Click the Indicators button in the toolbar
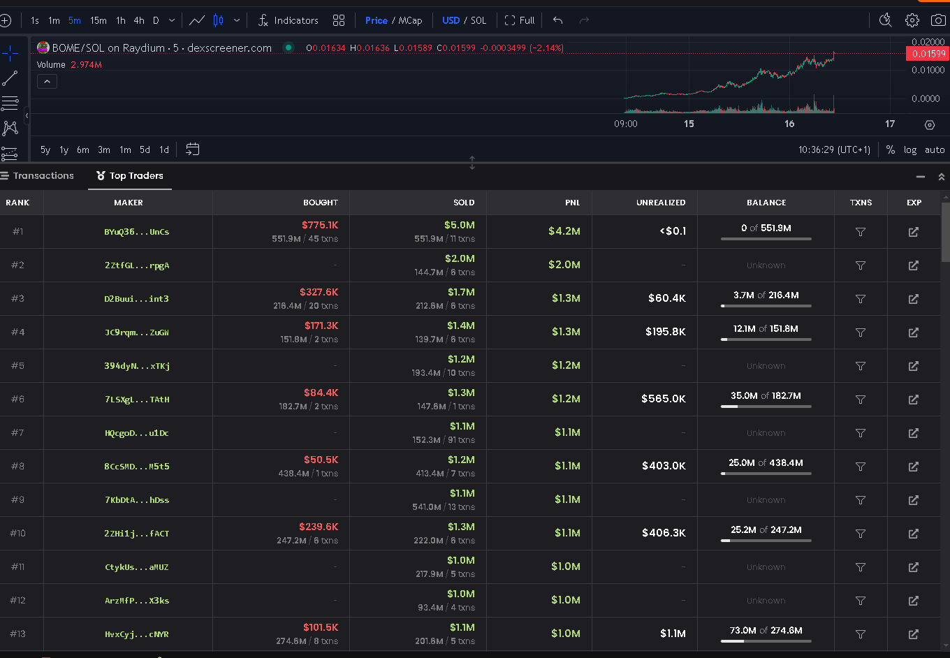click(288, 20)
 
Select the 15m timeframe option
click(98, 20)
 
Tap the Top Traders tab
click(130, 175)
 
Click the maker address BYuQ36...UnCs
click(137, 231)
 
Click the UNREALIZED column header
click(661, 203)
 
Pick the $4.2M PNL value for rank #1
click(564, 231)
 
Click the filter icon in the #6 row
click(861, 400)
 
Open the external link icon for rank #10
click(914, 534)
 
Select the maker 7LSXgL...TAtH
click(137, 400)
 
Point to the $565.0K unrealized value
click(664, 399)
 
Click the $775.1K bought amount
click(320, 225)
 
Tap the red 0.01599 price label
click(928, 54)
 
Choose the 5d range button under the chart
click(145, 149)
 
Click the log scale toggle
click(909, 149)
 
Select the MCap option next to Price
click(410, 20)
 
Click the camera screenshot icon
click(938, 20)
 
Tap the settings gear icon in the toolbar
click(912, 20)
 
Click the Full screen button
click(520, 20)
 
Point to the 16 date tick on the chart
click(789, 124)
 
